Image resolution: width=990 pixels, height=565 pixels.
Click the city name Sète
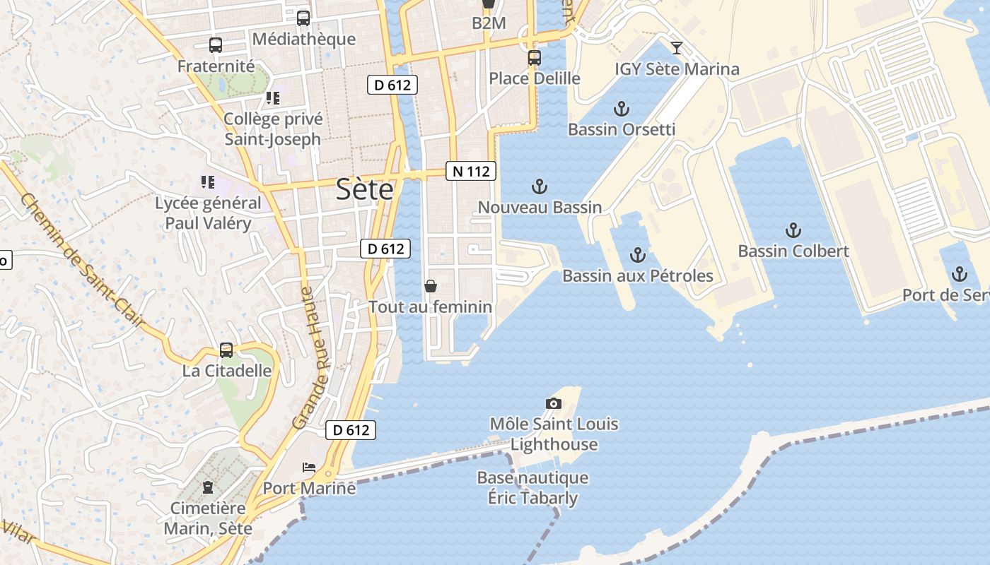364,190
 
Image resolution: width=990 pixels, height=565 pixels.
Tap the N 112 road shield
470,171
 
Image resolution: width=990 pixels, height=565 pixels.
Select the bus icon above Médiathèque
303,18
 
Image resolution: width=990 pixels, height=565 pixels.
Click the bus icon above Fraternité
216,46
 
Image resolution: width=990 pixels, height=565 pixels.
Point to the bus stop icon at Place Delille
535,58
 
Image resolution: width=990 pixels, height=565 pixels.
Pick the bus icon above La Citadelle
226,350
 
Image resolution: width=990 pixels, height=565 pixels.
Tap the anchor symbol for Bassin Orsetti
621,109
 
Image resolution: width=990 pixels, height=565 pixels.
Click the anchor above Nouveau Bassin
540,187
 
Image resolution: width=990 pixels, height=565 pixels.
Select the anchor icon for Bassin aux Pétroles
638,255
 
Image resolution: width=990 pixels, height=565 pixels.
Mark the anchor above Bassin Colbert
793,231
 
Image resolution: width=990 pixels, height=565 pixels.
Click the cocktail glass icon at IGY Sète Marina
677,48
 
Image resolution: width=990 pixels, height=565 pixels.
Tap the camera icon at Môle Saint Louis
554,404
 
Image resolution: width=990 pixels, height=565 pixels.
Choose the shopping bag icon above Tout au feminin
430,286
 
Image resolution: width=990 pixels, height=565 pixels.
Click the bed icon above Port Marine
309,468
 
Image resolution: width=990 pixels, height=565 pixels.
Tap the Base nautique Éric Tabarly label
532,488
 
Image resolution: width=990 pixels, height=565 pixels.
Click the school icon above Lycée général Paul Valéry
207,183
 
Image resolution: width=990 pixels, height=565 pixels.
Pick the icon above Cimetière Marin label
208,487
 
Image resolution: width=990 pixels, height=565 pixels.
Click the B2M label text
489,23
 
